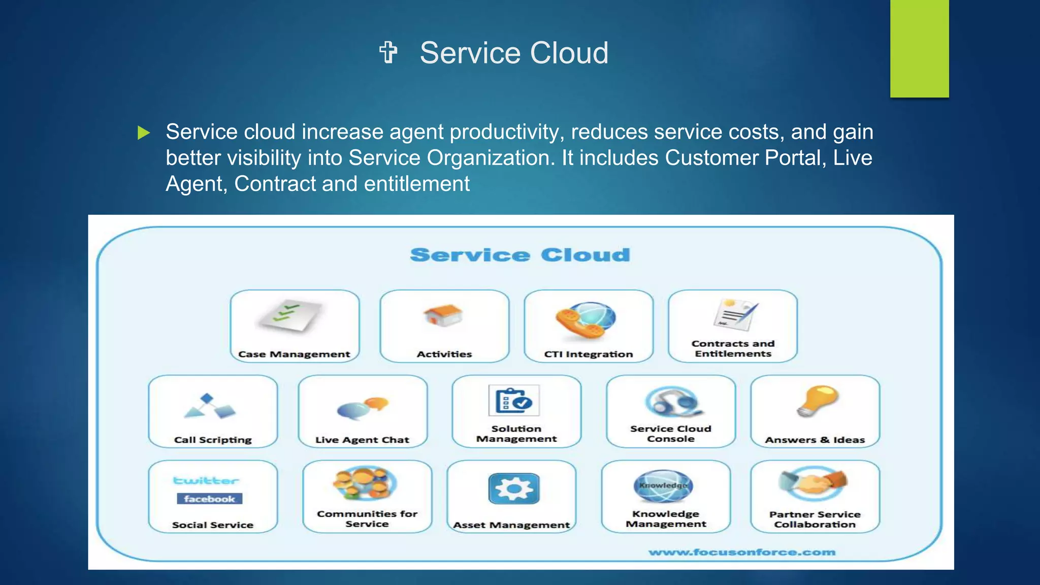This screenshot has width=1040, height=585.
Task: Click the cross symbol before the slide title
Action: tap(388, 53)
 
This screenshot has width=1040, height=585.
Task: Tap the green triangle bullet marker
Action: tap(144, 133)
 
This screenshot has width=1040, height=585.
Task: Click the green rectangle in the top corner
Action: tap(919, 48)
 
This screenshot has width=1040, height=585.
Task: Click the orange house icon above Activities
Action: tap(443, 315)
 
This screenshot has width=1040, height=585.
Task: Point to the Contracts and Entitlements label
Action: tap(733, 349)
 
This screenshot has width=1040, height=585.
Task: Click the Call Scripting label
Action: tap(213, 440)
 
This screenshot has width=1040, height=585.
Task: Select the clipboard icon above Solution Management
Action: tap(514, 401)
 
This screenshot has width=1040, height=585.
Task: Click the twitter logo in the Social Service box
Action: tap(206, 480)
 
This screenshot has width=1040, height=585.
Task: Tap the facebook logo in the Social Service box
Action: tap(209, 499)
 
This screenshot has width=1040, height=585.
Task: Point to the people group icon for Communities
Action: tap(365, 483)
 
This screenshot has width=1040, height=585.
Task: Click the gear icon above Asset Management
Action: tap(513, 489)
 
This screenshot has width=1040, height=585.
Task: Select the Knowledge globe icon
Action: tap(664, 485)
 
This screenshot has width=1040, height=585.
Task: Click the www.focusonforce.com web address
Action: tap(741, 552)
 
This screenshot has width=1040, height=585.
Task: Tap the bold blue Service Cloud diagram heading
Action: tap(519, 255)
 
